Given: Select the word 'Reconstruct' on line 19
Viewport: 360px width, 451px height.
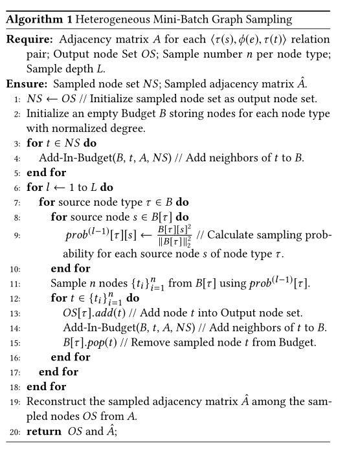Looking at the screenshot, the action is point(56,402).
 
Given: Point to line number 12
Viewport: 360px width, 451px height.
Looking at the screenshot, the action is point(16,298).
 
